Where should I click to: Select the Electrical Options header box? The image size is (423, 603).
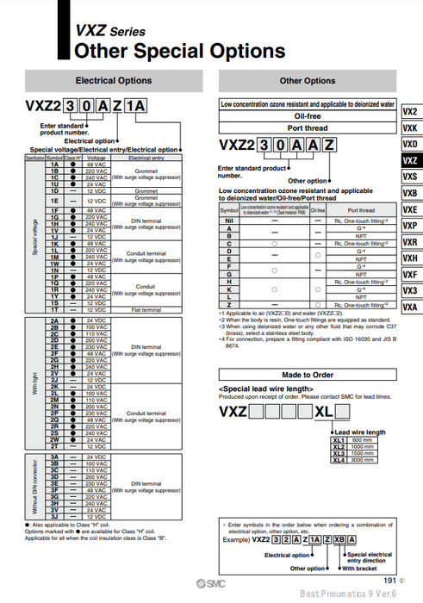click(x=114, y=81)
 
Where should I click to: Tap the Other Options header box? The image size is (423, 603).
click(x=308, y=81)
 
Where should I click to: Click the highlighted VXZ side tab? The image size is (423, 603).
click(x=410, y=160)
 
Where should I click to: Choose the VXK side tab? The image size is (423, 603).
click(x=410, y=127)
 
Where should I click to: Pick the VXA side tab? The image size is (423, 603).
click(x=410, y=308)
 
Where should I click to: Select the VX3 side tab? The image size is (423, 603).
click(x=410, y=291)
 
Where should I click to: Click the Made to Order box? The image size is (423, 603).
click(x=308, y=375)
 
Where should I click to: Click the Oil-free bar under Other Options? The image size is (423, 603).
click(x=308, y=115)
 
